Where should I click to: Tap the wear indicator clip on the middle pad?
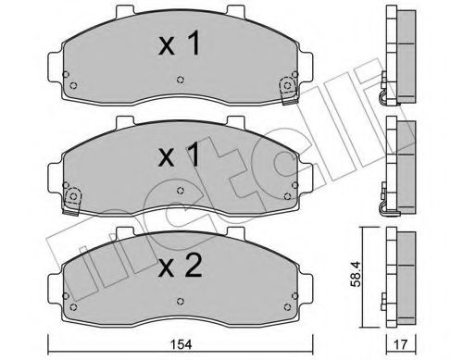[x=71, y=196]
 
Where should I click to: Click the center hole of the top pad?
[x=179, y=83]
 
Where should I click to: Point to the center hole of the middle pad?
[x=179, y=194]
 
